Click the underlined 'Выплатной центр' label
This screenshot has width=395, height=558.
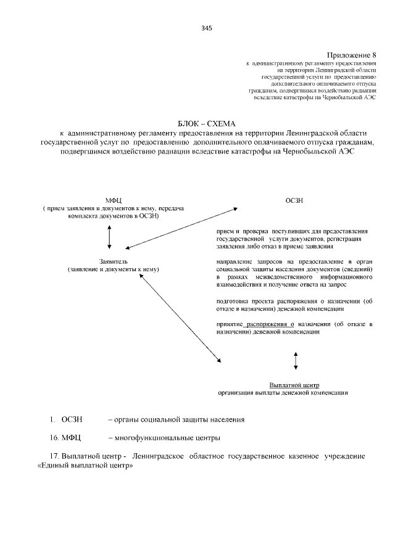294,385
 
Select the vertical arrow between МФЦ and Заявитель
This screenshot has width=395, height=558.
109,237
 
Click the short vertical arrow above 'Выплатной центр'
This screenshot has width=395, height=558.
296,361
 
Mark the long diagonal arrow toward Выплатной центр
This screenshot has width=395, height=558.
180,318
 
